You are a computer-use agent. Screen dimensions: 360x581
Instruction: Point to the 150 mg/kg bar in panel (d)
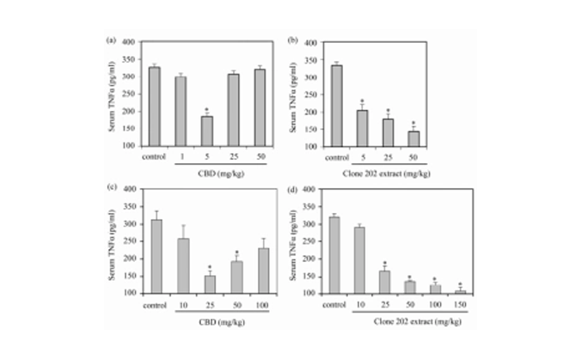[x=460, y=292]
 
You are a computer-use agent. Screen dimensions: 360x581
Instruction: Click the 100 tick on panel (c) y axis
[x=141, y=293]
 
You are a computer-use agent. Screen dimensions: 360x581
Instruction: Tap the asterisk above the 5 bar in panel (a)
[x=207, y=109]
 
